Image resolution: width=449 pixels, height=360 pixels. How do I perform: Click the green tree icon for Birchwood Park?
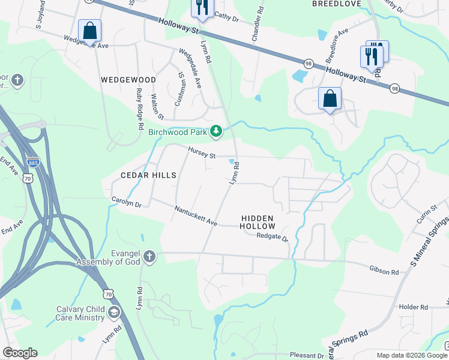(217, 131)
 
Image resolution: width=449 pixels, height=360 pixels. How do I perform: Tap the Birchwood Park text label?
(178, 132)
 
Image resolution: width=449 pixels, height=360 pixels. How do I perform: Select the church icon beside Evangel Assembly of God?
(149, 257)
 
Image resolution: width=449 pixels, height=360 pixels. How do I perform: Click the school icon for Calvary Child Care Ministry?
(114, 312)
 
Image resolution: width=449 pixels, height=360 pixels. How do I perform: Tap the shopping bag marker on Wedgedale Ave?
(89, 31)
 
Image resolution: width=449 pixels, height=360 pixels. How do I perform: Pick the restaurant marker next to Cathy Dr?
(201, 7)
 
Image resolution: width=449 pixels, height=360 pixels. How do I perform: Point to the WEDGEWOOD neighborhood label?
(128, 80)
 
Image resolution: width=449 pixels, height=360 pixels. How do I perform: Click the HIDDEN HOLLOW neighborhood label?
(258, 222)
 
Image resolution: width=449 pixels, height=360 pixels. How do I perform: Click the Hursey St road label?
(201, 154)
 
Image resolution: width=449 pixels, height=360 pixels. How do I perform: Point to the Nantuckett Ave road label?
(195, 216)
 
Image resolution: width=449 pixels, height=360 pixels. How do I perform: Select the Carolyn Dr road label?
(126, 202)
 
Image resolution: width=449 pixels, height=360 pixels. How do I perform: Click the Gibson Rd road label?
(384, 272)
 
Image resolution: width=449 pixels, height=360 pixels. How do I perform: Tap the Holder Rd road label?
(413, 307)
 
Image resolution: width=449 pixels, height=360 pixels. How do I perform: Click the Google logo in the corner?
(20, 353)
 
